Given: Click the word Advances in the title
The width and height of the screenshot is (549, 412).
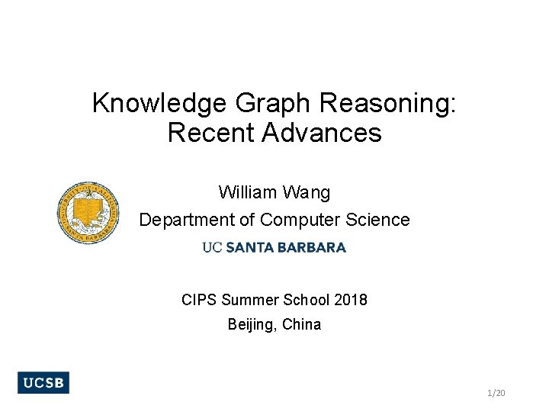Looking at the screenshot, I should pos(322,133).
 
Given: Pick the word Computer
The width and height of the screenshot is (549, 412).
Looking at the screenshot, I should pos(297,220).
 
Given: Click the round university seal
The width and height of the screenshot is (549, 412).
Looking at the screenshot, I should pos(88,214).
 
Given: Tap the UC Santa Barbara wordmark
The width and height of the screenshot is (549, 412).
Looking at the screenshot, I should pos(274,247).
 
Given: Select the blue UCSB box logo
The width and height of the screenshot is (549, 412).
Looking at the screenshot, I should pos(43,383).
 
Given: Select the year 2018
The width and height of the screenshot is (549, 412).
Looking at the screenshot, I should pos(350,300).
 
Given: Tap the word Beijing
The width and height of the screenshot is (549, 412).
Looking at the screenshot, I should pos(252,324).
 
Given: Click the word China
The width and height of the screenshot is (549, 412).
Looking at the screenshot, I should pos(302,324).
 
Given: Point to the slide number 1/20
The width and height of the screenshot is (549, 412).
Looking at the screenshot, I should pos(496,393).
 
